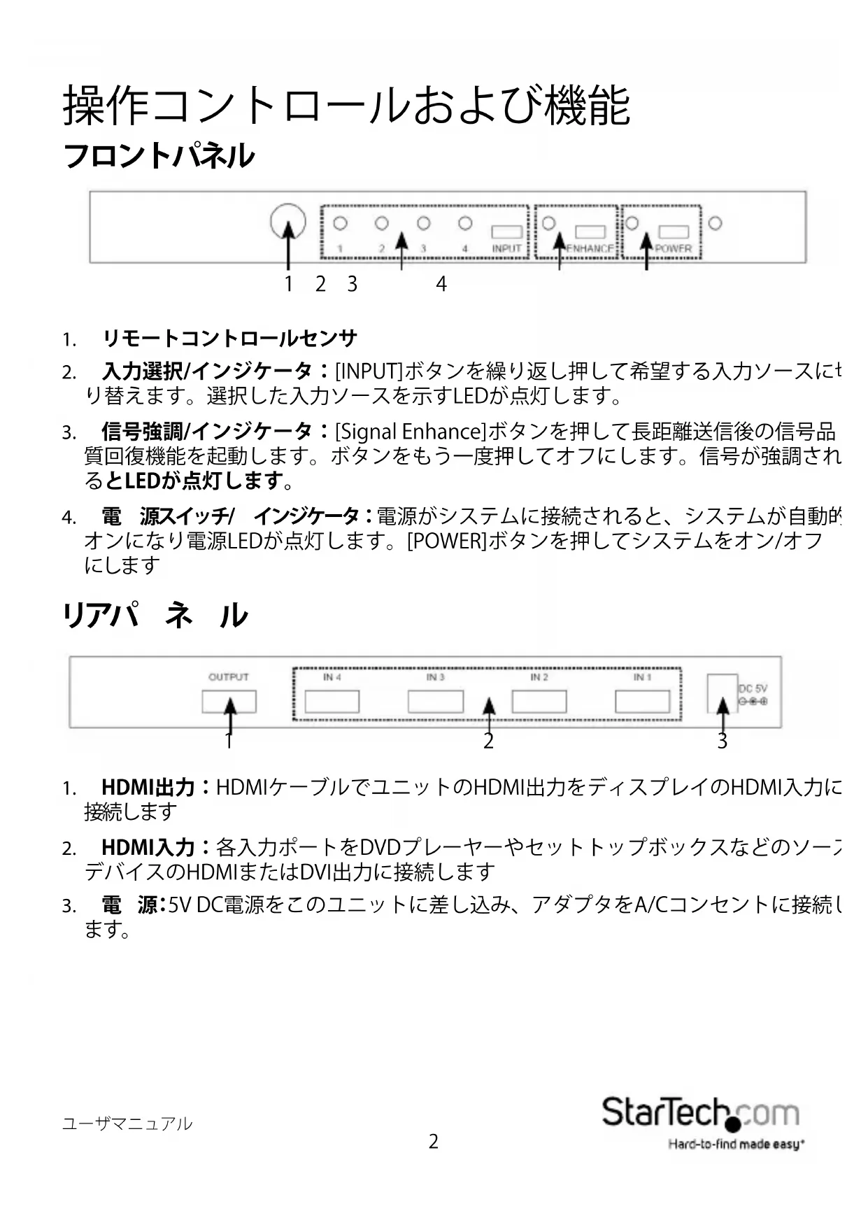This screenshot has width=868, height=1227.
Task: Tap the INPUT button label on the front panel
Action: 506,248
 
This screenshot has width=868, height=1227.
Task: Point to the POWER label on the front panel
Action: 674,248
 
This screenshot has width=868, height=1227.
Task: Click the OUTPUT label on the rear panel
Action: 229,676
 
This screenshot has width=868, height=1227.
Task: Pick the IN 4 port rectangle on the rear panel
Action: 332,701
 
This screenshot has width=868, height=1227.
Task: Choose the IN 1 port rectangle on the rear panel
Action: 642,701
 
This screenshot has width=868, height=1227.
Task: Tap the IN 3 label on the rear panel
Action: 436,677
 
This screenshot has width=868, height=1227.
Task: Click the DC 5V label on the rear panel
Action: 753,689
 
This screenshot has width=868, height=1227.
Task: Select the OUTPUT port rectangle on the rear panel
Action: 229,702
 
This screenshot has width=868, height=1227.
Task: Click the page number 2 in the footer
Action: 434,1142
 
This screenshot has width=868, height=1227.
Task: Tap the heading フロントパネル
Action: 159,155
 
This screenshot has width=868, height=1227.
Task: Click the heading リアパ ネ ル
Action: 155,616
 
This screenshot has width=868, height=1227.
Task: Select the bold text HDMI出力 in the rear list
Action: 148,788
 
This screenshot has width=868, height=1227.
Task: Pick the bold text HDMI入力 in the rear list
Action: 148,848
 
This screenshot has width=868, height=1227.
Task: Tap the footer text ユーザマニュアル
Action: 127,1124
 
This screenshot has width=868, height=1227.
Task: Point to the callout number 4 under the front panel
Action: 441,284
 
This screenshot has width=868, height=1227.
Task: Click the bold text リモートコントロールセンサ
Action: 230,339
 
